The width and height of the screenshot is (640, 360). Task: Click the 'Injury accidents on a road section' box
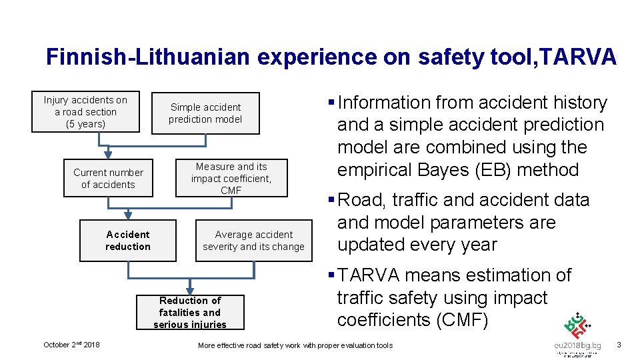coord(86,112)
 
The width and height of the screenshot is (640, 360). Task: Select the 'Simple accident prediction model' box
coord(205,113)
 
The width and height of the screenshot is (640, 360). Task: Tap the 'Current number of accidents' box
coord(108,179)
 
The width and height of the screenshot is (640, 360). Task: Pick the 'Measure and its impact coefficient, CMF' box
coord(231,178)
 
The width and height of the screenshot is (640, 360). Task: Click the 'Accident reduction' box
coord(128,240)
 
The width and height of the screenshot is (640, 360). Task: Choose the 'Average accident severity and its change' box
coord(253,240)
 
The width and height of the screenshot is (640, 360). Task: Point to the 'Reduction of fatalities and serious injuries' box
coord(190,312)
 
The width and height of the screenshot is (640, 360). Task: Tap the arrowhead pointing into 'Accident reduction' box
coord(128,215)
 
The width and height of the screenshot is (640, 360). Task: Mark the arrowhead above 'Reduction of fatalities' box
coord(190,290)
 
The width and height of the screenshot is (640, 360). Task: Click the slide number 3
coord(619,345)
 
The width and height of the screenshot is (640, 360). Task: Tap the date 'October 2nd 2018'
coord(71,345)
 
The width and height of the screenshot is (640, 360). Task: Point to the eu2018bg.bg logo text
coord(577,345)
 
